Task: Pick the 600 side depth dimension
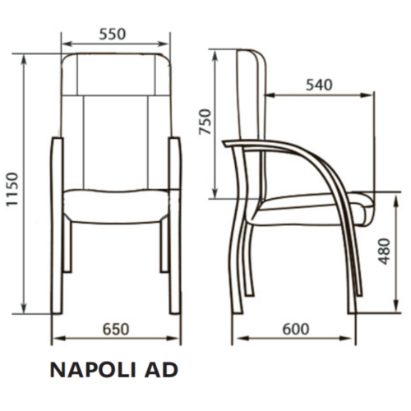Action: click(295, 329)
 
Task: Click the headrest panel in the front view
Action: click(116, 73)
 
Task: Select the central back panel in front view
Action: click(116, 140)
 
